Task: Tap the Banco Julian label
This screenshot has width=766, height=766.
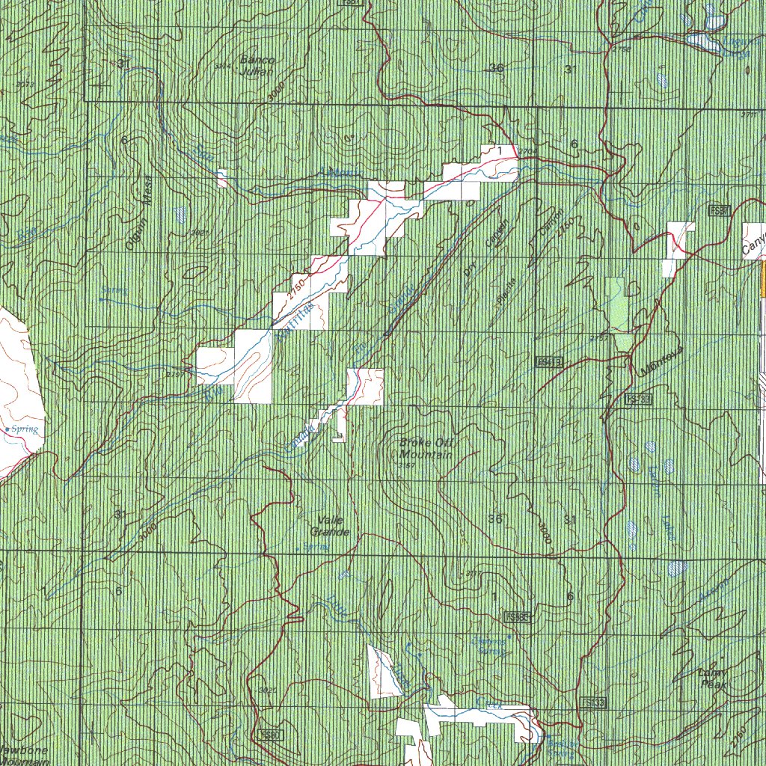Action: point(257,66)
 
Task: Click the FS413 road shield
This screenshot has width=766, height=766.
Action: point(548,361)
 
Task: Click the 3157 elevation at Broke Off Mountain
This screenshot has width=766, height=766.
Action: point(407,466)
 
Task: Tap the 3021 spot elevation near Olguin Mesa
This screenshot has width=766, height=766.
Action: point(199,233)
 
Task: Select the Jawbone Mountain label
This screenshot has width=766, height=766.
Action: point(24,756)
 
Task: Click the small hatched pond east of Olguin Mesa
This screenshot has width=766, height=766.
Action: point(182,215)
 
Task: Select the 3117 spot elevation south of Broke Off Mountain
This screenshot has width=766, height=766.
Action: point(472,573)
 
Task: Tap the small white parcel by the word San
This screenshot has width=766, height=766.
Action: point(222,178)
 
